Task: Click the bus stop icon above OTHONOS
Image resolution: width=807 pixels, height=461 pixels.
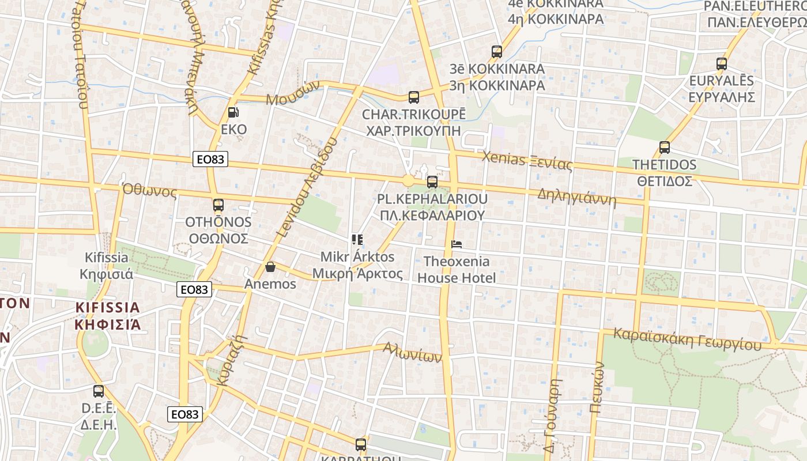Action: click(x=218, y=205)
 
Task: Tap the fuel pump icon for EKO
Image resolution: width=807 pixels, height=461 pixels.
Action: click(x=233, y=112)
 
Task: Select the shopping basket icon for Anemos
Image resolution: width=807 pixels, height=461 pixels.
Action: click(x=270, y=267)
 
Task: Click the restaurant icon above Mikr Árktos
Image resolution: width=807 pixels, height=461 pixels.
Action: click(x=357, y=239)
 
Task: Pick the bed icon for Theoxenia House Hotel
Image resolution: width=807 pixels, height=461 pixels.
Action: click(x=457, y=244)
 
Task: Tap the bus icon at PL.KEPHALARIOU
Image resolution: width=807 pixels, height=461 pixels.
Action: click(x=432, y=182)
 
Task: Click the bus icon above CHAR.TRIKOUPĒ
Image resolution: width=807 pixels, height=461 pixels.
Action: click(x=413, y=97)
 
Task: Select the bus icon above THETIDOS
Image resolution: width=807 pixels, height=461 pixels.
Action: click(x=665, y=148)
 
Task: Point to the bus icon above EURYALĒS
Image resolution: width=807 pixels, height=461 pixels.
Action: click(x=721, y=64)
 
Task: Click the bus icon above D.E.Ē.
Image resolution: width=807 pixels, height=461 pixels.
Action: click(x=99, y=391)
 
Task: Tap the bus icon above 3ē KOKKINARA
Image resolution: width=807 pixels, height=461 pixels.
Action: click(x=497, y=52)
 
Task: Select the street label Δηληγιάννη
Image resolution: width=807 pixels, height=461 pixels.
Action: click(x=576, y=197)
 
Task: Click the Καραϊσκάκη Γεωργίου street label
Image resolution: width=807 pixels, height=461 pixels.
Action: click(x=687, y=339)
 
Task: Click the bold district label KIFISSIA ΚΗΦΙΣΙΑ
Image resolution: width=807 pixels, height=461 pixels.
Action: click(x=107, y=315)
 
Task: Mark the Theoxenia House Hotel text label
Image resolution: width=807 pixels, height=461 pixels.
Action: click(x=457, y=270)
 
